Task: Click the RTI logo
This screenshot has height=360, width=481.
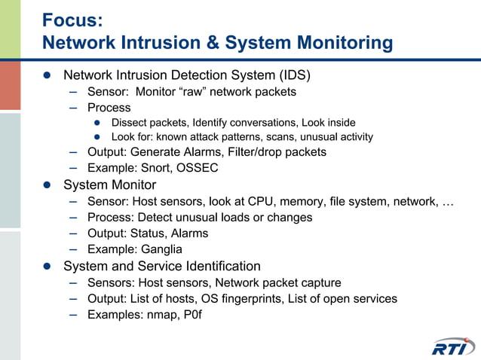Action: coord(453,346)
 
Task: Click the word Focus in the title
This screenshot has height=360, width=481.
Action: coord(69,20)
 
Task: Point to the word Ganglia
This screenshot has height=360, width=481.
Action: coord(160,249)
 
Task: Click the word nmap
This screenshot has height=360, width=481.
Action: coord(164,315)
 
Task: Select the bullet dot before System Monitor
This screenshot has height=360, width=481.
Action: coord(47,185)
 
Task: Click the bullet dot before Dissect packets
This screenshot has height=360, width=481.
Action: coord(97,123)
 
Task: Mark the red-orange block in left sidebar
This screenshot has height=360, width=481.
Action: coord(10,85)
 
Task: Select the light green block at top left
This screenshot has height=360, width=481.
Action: coord(10,29)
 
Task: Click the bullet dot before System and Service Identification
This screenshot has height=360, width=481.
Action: coord(47,267)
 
